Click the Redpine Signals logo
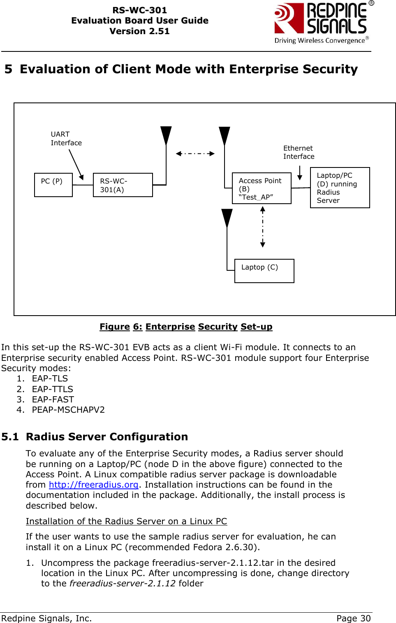(323, 23)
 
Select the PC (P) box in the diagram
(53, 185)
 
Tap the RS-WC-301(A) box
(123, 185)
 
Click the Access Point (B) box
(262, 188)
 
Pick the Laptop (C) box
(264, 271)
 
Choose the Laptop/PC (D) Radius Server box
(340, 188)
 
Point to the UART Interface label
(66, 139)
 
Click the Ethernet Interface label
(299, 152)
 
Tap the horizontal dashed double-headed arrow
(195, 153)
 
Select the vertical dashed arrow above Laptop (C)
(263, 227)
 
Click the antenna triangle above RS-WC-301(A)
(166, 135)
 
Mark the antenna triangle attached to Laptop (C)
(227, 218)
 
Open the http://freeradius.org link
(93, 485)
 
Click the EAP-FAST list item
(53, 400)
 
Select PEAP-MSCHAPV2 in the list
(68, 410)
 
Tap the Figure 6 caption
(186, 327)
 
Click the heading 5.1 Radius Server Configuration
(95, 437)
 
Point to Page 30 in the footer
(353, 618)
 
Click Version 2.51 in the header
(139, 31)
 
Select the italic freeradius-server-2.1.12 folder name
(123, 583)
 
